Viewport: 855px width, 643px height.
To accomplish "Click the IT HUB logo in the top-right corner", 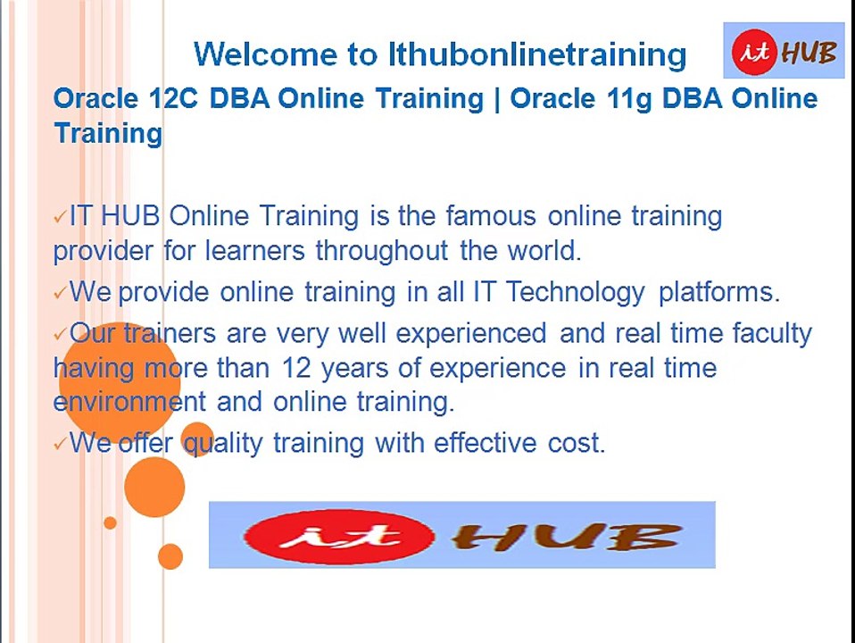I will [x=784, y=52].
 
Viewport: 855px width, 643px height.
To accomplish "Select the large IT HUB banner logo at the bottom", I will [x=461, y=535].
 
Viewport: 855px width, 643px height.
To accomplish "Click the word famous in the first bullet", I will [x=491, y=216].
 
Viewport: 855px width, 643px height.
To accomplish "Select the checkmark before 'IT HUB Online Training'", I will [x=60, y=217].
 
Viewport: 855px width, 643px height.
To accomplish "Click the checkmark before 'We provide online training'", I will [x=60, y=293].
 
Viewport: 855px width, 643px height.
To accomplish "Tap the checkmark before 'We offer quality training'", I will [x=60, y=444].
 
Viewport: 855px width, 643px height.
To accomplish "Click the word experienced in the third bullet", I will [x=471, y=334].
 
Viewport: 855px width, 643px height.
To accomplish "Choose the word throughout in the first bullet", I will [x=381, y=251].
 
